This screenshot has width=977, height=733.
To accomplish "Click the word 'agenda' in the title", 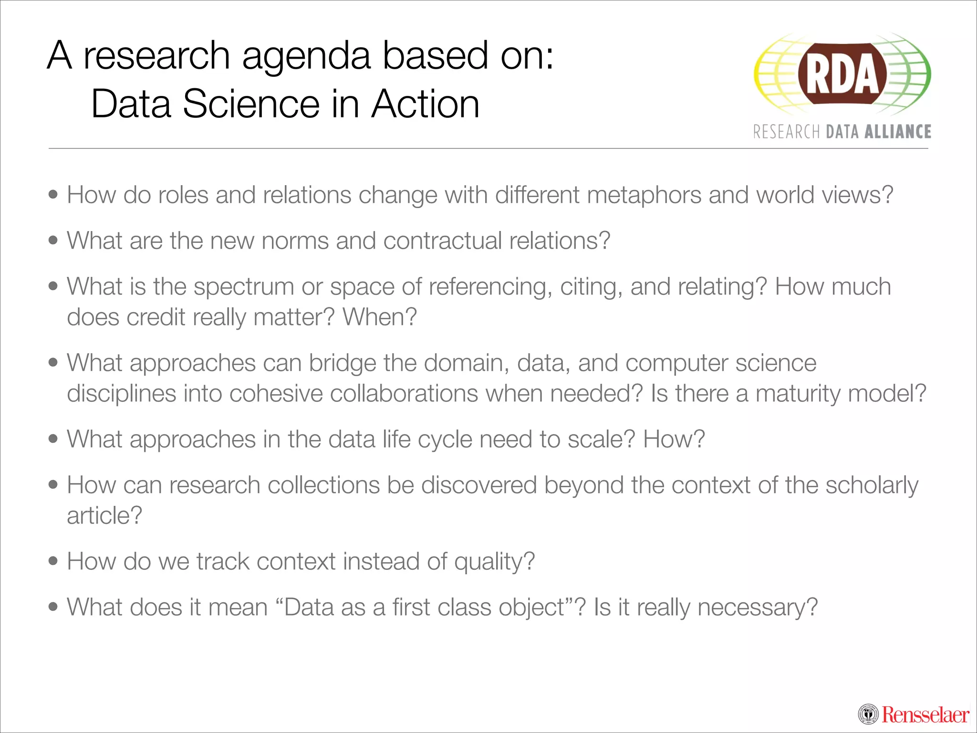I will coord(306,56).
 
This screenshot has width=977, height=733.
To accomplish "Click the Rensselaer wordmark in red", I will coord(925,715).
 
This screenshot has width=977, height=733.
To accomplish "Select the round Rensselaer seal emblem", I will coord(868,714).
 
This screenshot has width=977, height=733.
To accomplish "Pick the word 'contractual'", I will coord(442,241).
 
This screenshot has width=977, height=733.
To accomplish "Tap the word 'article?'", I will coord(104,516).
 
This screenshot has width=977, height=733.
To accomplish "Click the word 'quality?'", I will coord(494,562).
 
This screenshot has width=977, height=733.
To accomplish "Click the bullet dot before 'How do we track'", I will coord(53,561).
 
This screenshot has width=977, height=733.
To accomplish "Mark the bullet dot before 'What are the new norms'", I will coord(53,240).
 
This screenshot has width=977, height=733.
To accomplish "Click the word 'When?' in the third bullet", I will coord(380,317).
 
